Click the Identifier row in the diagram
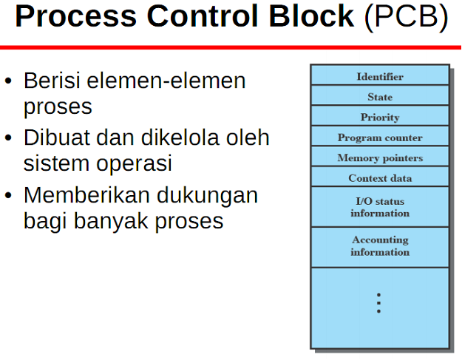[x=380, y=76]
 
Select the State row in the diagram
[x=380, y=97]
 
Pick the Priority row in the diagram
[x=380, y=117]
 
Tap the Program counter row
[x=380, y=137]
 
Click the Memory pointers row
[x=380, y=157]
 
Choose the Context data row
[x=380, y=178]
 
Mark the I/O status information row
[x=380, y=207]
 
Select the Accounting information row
[x=380, y=245]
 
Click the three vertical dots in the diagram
[x=378, y=303]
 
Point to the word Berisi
[x=54, y=81]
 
